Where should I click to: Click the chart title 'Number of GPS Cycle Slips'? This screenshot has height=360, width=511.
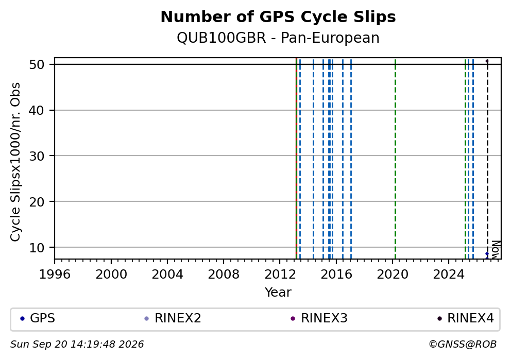coord(278,17)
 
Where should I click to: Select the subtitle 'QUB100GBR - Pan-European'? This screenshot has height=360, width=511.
coord(278,38)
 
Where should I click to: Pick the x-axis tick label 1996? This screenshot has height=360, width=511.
coord(55,275)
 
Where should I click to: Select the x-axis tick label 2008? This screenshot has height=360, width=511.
coord(224,275)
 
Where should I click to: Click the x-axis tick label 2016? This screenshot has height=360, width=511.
coord(336,275)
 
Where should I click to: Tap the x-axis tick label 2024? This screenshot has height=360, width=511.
coord(449,275)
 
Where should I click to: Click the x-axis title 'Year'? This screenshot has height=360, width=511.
coord(278,292)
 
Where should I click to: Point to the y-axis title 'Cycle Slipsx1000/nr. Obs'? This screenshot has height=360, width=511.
coord(15,162)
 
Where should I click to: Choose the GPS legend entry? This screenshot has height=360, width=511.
coord(38,318)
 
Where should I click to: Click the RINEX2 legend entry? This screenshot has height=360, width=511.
coord(173,318)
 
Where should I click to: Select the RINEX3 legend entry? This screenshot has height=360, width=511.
coord(319,318)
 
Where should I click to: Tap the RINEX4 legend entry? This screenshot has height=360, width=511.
coord(466,318)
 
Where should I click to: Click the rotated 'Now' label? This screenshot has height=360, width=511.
coord(496,250)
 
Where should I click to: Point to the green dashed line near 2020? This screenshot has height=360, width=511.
coord(395,159)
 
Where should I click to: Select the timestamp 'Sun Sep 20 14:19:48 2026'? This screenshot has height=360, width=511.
coord(77,345)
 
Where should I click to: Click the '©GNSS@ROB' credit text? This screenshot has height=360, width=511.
coord(463,345)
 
